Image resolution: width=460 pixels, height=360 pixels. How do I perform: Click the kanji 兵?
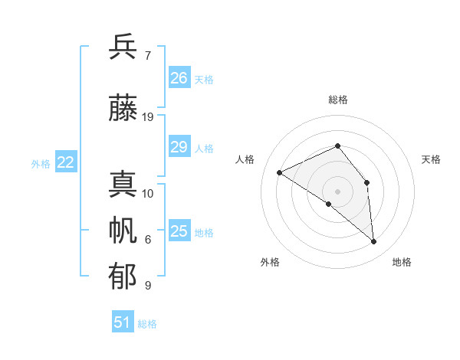(123, 47)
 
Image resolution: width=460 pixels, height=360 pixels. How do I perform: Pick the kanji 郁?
(123, 276)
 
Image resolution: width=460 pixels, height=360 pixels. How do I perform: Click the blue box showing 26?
(179, 77)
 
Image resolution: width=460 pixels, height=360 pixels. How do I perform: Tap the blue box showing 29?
(179, 147)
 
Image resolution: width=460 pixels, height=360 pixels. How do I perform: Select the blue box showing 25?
(179, 231)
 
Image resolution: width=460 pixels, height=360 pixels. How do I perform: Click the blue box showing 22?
(66, 162)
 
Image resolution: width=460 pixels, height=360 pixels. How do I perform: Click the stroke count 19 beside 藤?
(148, 117)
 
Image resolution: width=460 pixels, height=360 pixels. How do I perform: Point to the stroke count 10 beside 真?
(148, 194)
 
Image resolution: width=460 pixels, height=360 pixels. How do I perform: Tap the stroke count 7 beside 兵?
(147, 56)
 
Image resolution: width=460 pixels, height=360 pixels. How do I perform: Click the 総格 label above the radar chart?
(338, 100)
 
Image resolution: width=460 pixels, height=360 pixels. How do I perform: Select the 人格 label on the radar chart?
(245, 159)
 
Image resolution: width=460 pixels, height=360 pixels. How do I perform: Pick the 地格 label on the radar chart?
(402, 262)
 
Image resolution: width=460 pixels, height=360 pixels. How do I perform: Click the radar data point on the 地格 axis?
(374, 241)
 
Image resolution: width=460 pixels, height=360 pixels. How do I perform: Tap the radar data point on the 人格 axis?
(280, 172)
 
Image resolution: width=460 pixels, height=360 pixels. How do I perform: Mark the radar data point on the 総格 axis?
(337, 146)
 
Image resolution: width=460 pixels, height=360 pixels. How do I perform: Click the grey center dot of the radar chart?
(337, 191)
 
